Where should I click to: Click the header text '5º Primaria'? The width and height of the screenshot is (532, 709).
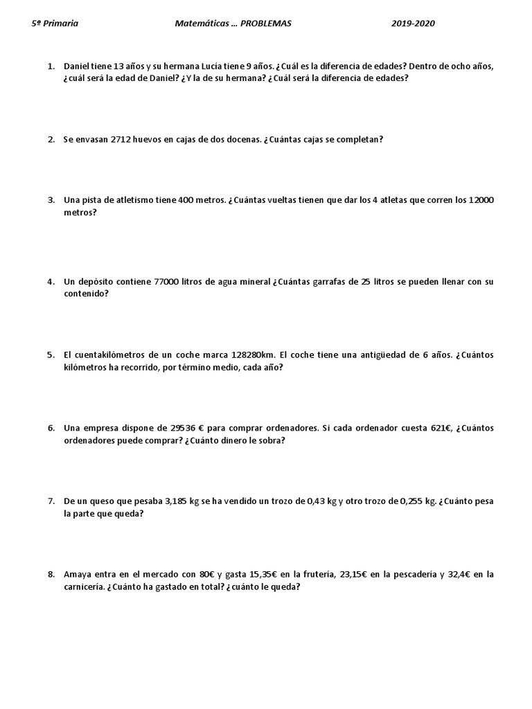coord(55,24)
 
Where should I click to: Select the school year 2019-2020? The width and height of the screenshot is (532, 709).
coord(413,24)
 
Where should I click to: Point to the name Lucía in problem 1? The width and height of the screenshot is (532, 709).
coord(202,66)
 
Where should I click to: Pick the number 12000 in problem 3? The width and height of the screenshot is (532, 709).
coord(481,200)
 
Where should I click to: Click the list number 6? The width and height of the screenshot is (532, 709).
coord(51,428)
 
